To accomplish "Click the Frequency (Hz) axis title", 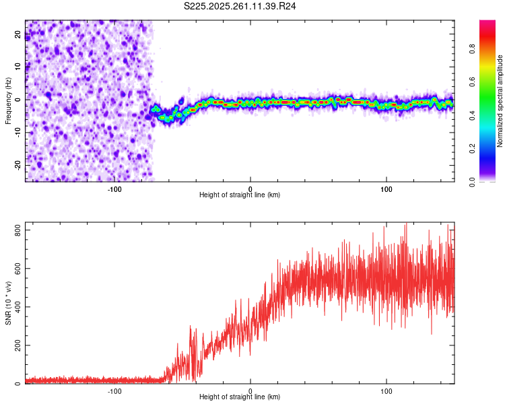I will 8,101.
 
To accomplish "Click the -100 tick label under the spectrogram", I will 114,188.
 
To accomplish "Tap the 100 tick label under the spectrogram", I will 386,188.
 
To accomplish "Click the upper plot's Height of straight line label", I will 240,195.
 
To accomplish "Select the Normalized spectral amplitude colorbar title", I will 500,101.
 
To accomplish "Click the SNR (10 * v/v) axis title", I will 8,303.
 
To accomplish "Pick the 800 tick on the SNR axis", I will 15,230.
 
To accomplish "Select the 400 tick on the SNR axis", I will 15,307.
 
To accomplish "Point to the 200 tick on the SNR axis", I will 15,345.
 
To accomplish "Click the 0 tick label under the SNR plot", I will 250,390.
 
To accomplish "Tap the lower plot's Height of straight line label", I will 240,397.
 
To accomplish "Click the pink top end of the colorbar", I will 487,24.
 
